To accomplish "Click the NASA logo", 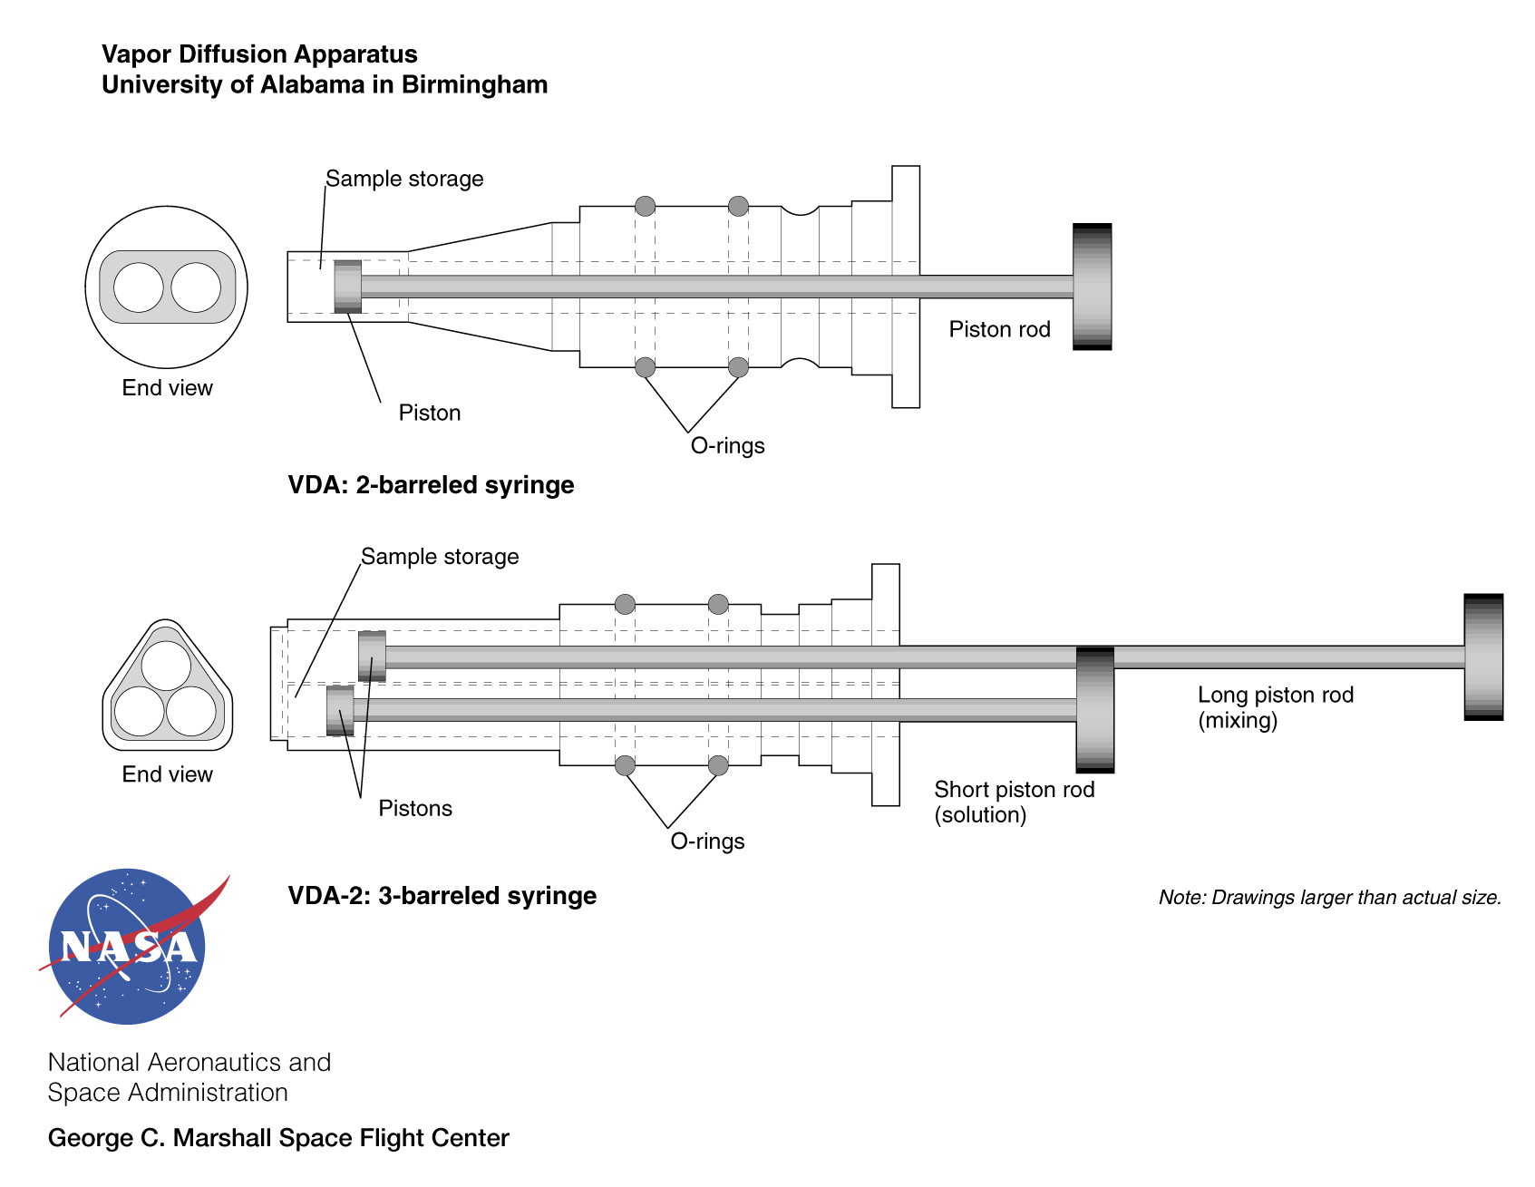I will coord(128,946).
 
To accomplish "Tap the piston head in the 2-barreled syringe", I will coord(347,287).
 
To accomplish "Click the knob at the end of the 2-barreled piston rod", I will coord(1092,287).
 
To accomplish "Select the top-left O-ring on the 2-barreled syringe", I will coord(645,206).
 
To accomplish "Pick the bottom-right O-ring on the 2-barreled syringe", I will coord(738,367).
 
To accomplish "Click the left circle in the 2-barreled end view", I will coord(138,287).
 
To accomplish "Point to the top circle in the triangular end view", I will coord(166,665).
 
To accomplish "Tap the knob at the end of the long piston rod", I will coord(1483,657).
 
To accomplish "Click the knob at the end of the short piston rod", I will coord(1094,710).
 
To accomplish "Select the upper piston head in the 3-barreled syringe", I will coord(372,656).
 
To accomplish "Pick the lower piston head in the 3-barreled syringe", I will coord(340,710).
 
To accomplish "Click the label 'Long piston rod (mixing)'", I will coord(1275,707).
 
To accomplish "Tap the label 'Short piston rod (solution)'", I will coord(1014,802).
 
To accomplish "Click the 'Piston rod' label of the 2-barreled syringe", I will coord(999,329).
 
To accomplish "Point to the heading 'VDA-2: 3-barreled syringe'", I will coord(442,896).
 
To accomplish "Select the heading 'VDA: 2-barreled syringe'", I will coord(431,485).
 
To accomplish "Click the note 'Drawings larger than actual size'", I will coord(1329,898).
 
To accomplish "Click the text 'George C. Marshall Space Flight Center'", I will coord(278,1138).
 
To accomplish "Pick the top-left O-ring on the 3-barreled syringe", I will coord(625,604).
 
